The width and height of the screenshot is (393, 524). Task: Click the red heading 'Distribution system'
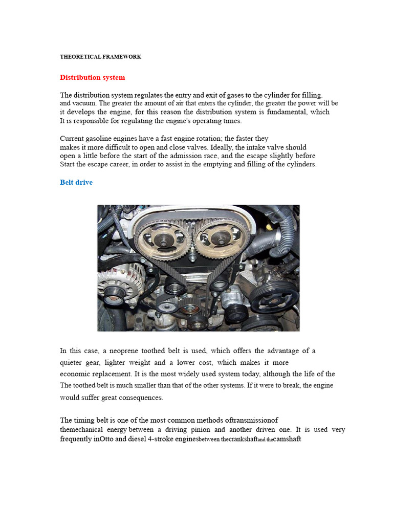click(x=92, y=77)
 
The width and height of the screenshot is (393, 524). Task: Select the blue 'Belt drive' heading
click(x=76, y=182)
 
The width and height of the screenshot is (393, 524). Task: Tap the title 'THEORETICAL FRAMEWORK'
click(x=100, y=57)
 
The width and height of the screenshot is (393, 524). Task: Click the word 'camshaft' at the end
click(x=287, y=439)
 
